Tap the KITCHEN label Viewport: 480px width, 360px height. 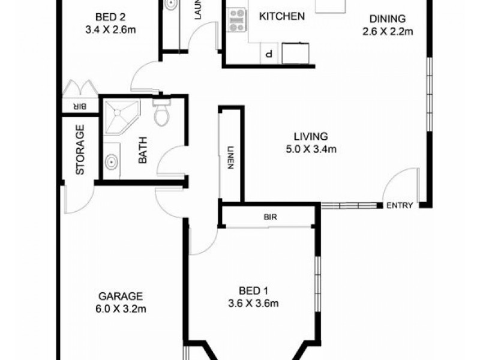coord(281,16)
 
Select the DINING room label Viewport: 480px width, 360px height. coord(388,19)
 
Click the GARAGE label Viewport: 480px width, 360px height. coord(121,296)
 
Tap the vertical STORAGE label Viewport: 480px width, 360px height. coord(80,149)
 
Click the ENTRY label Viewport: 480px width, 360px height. coord(400,206)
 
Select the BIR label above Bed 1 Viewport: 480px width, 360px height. coord(269,217)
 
